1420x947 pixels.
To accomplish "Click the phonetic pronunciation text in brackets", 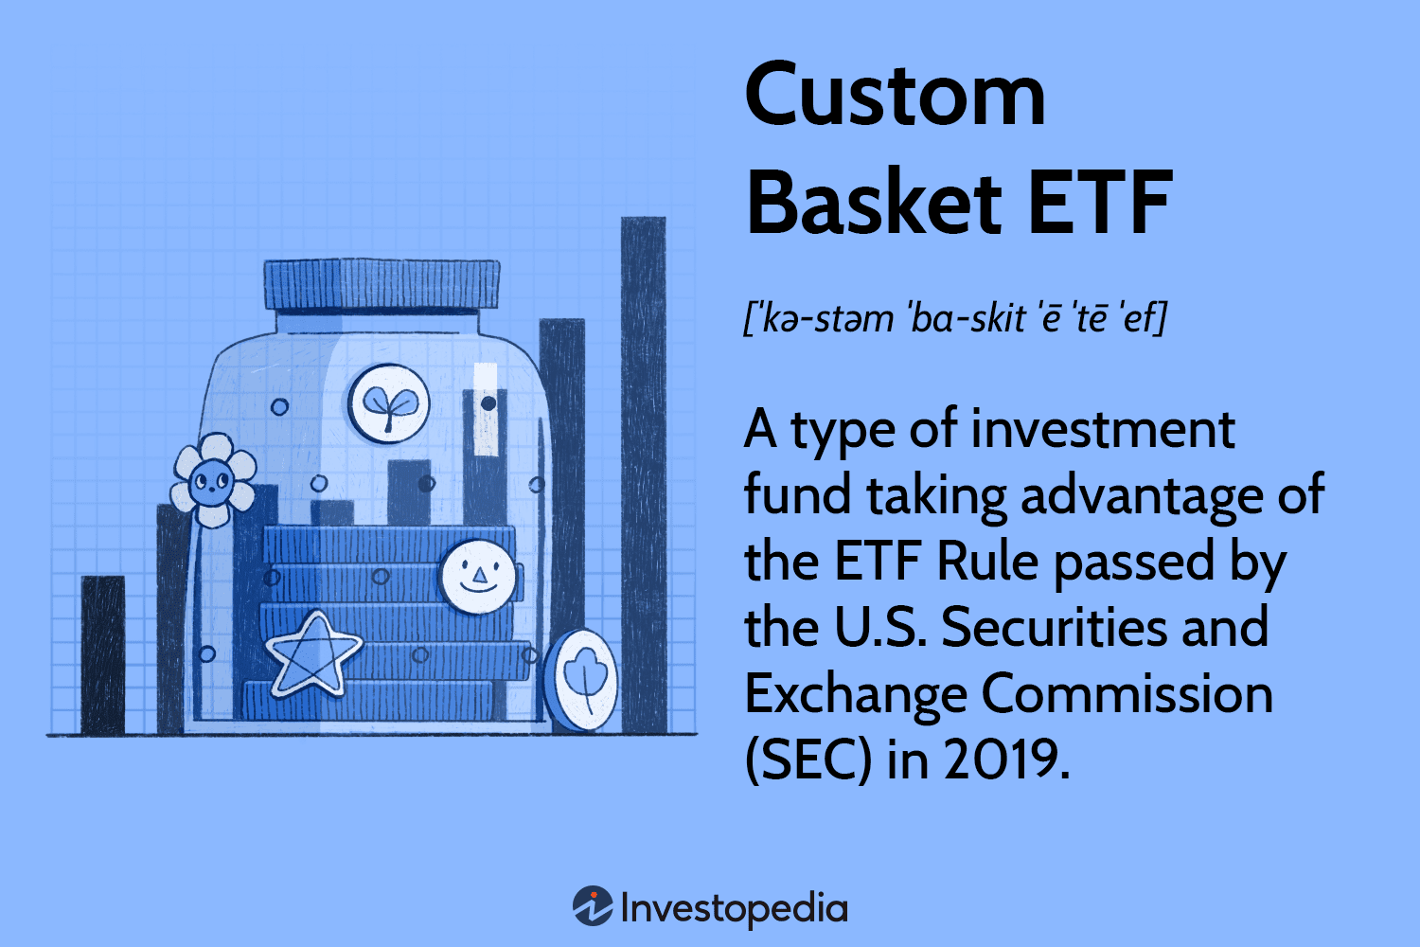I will [954, 318].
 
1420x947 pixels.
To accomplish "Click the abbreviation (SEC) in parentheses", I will [808, 759].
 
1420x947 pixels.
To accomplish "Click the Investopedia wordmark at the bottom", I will [734, 908].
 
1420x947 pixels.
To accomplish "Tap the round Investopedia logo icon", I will [593, 906].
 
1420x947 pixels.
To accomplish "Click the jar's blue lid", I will [381, 284].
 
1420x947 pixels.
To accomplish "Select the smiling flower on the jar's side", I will [213, 481].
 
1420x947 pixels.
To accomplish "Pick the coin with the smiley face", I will [477, 576].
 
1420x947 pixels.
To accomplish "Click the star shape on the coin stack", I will [312, 652].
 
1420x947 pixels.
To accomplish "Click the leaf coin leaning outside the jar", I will [583, 679].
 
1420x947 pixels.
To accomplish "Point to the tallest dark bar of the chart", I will [644, 473].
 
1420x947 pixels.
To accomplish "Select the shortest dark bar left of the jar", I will [102, 653].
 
